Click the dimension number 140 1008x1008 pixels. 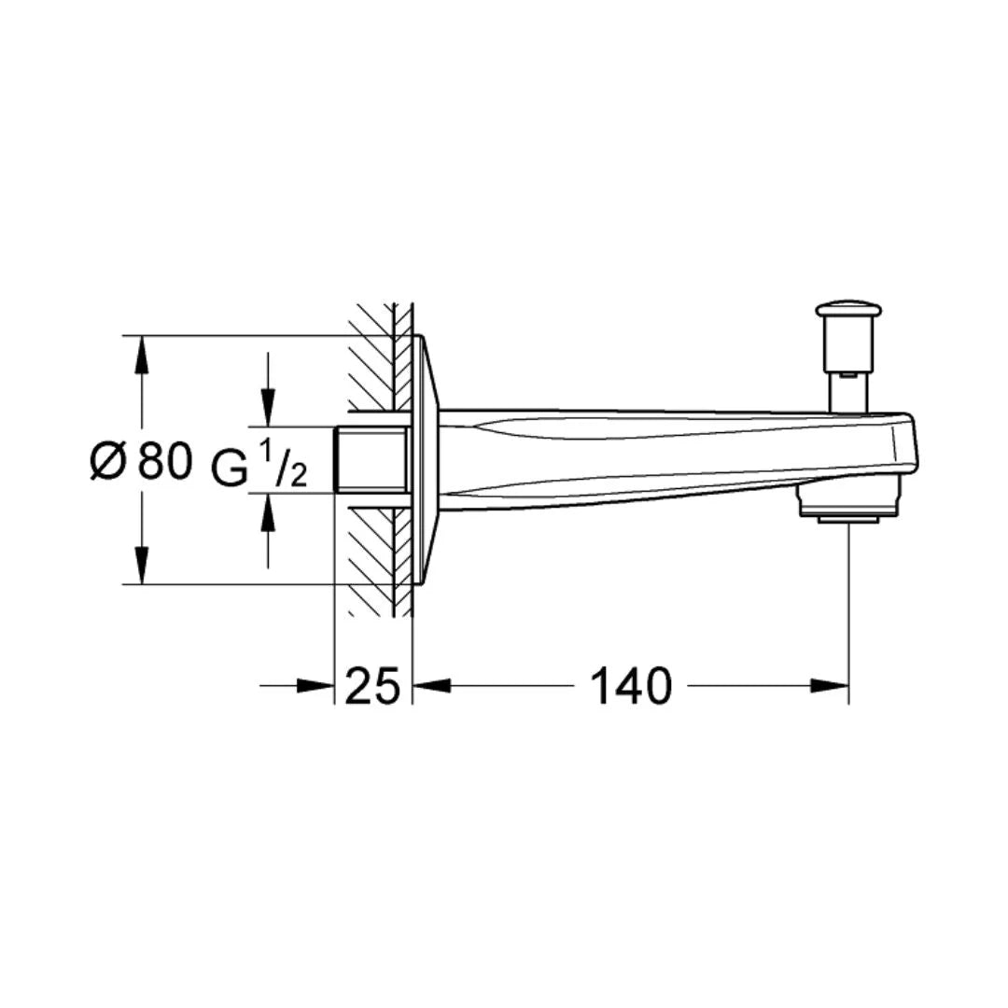coord(630,686)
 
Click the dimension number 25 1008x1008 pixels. coord(373,686)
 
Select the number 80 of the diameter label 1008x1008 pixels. coord(165,460)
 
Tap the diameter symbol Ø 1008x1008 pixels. coord(107,460)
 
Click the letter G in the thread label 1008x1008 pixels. coord(230,468)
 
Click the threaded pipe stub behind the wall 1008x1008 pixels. coord(371,459)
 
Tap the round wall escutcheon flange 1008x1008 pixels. coord(425,459)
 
